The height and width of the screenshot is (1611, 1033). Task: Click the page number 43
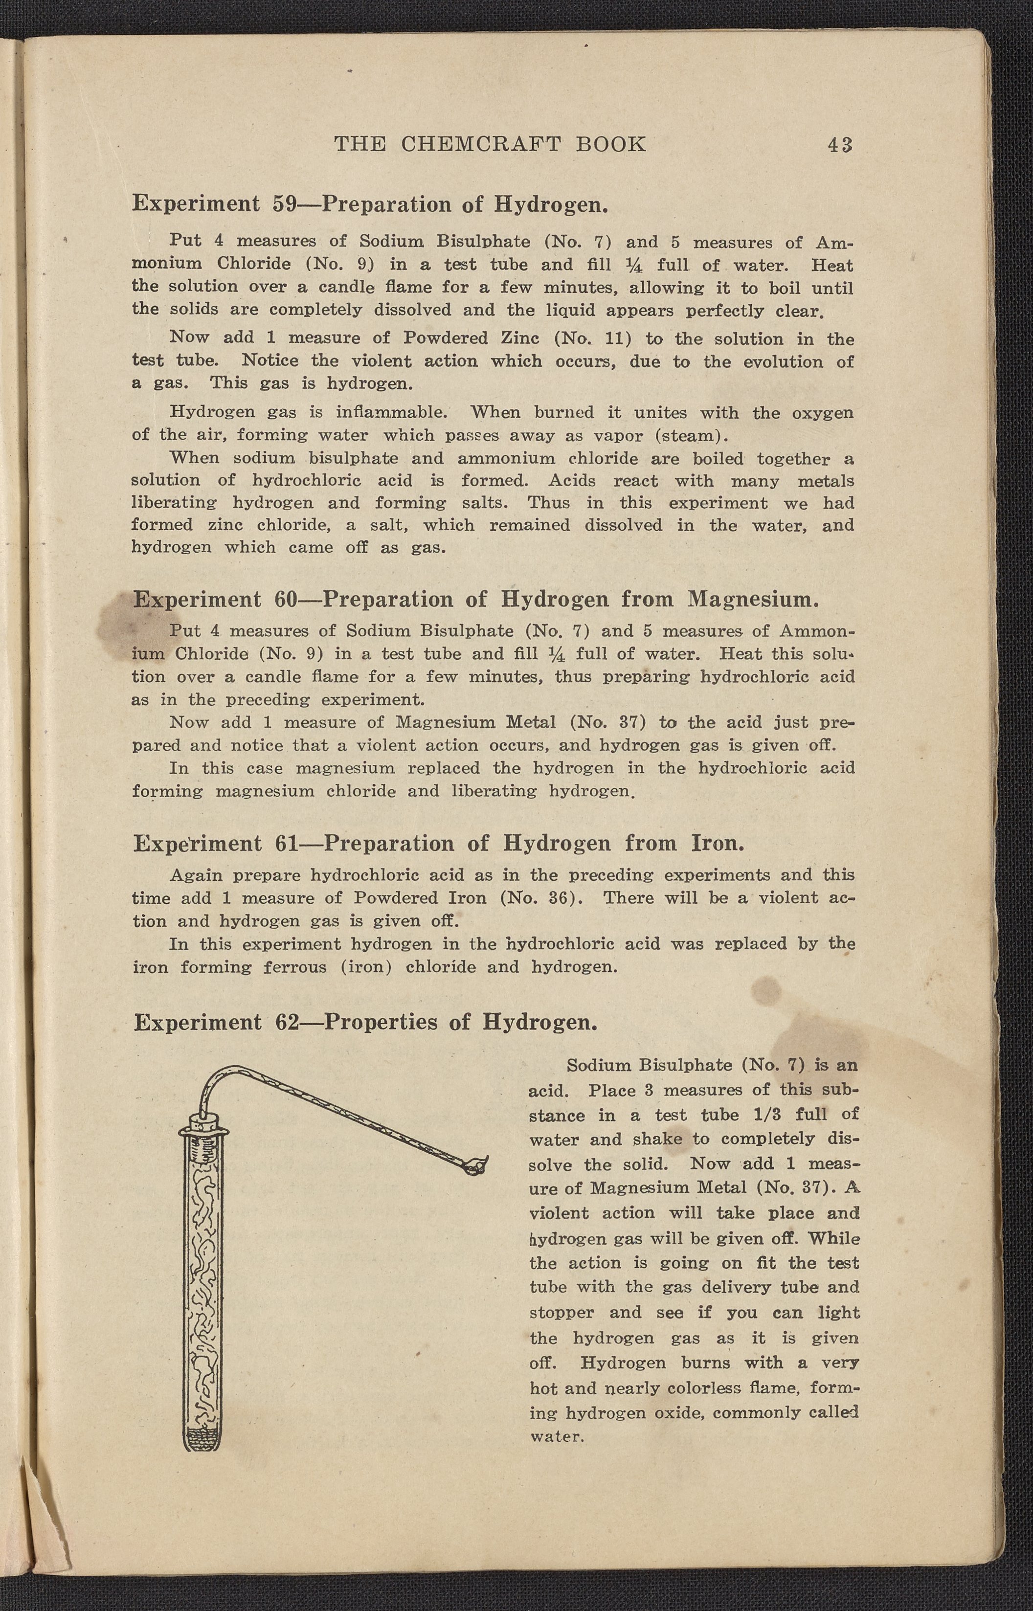(x=840, y=144)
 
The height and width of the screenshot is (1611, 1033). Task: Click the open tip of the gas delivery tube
(x=477, y=1168)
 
